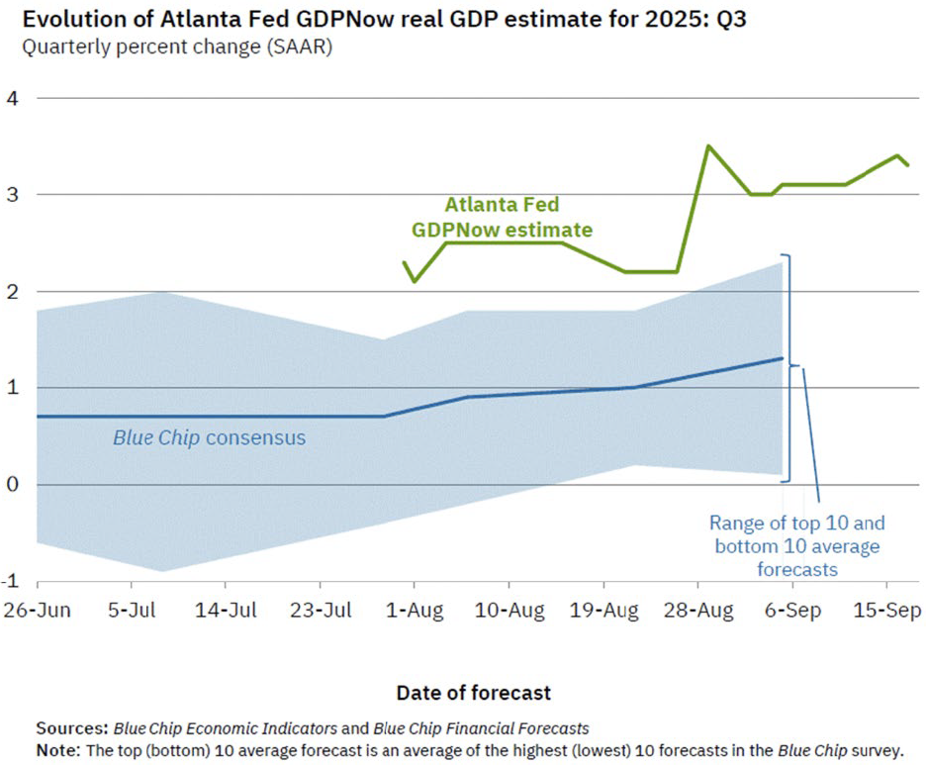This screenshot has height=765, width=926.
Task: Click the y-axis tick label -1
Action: pyautogui.click(x=12, y=581)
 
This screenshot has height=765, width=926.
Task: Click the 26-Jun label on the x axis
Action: pyautogui.click(x=37, y=611)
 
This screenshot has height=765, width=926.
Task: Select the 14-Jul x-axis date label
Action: pyautogui.click(x=227, y=611)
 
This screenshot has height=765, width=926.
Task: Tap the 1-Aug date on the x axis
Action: pyautogui.click(x=414, y=611)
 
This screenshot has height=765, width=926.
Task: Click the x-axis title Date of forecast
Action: pyautogui.click(x=474, y=692)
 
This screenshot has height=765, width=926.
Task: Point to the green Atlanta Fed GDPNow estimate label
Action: pyautogui.click(x=502, y=218)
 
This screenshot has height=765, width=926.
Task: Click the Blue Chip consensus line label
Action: pyautogui.click(x=209, y=436)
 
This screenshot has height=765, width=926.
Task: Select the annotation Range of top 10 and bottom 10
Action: pyautogui.click(x=796, y=545)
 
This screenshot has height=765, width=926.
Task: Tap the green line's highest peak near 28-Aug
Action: pyautogui.click(x=708, y=146)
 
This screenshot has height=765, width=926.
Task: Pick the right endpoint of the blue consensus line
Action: pyautogui.click(x=783, y=358)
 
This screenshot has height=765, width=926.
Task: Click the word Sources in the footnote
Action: pyautogui.click(x=71, y=728)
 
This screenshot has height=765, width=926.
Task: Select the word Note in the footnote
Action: pyautogui.click(x=58, y=749)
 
